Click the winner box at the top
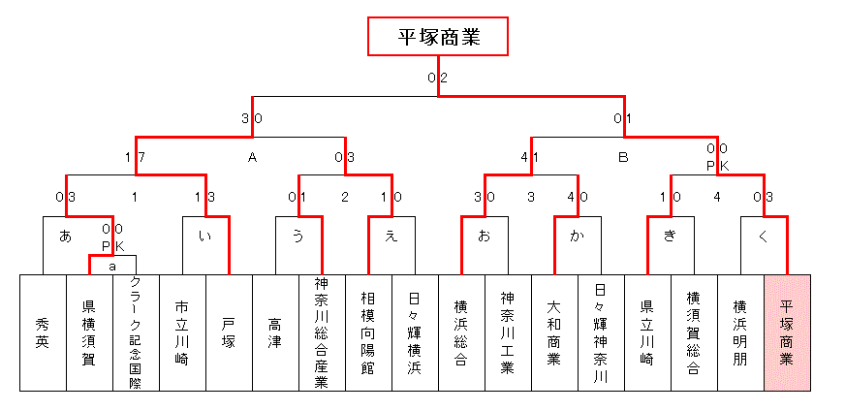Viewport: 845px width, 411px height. tap(438, 36)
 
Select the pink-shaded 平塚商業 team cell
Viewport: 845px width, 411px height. tap(787, 332)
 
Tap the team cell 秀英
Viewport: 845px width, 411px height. tap(43, 332)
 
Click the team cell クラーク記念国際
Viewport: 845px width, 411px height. tap(136, 332)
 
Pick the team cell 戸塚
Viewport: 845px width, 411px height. tap(229, 332)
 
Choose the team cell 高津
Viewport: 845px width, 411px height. tap(275, 332)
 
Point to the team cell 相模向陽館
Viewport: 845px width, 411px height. tap(368, 332)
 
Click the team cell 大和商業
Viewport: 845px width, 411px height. tap(554, 332)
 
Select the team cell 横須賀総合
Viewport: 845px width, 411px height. tap(694, 332)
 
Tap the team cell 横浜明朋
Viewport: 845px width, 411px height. tap(740, 332)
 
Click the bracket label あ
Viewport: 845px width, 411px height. tap(65, 237)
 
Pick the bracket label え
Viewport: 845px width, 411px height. tap(391, 237)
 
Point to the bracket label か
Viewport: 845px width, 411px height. tap(578, 237)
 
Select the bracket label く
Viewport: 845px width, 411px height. tap(763, 237)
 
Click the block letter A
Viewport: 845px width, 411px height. tap(252, 158)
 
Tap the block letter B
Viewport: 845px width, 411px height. tap(623, 158)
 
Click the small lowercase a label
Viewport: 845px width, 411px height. tap(112, 266)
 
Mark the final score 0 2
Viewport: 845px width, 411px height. tap(438, 78)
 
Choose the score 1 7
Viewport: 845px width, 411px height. tap(136, 158)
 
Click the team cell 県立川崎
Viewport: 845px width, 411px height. tap(647, 332)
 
